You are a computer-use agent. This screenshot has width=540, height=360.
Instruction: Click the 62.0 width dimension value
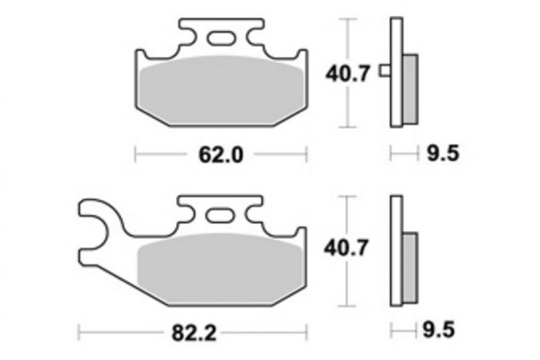tap(220, 154)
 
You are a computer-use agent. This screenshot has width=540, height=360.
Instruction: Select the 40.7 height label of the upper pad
tap(347, 74)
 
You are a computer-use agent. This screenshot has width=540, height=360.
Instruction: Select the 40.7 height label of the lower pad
tap(347, 247)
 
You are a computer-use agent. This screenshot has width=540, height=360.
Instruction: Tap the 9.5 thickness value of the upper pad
tap(442, 154)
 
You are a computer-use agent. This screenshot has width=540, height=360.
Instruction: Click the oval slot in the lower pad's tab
tap(220, 215)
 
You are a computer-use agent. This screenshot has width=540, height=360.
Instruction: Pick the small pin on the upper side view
tap(385, 70)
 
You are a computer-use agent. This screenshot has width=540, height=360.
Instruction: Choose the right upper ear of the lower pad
tap(301, 233)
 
